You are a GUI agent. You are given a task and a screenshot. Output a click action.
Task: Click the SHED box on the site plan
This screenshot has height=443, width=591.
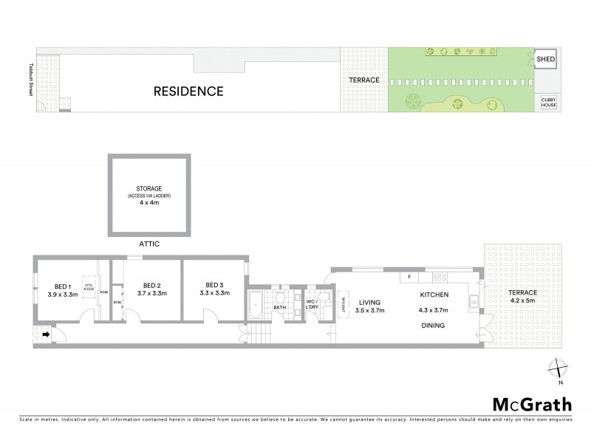[x=546, y=59]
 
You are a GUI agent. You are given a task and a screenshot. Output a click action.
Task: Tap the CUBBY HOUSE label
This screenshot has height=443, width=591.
[x=548, y=103]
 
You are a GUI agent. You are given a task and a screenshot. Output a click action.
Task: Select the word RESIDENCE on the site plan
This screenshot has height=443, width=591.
[x=188, y=92]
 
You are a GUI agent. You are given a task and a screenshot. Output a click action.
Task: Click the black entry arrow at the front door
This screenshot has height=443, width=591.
[x=47, y=334]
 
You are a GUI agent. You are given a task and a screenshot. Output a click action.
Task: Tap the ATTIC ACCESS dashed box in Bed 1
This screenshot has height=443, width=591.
[x=88, y=288]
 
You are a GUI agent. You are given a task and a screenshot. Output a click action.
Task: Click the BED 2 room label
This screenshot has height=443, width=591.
[x=152, y=285]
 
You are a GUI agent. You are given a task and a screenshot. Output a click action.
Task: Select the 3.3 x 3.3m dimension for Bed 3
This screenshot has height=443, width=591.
[x=214, y=293]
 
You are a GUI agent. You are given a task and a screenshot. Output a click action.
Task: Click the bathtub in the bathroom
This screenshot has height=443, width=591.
[x=256, y=303]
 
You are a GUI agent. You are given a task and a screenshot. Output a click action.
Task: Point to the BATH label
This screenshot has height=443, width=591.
[x=280, y=307]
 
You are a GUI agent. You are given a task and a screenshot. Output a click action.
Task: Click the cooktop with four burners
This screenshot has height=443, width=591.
[x=441, y=277]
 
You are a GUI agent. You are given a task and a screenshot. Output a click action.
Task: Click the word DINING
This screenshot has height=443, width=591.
[x=433, y=325]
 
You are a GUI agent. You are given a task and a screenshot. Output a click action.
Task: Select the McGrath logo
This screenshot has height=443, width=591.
[x=532, y=404]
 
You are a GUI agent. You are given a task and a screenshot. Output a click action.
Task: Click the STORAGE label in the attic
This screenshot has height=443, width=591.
[x=148, y=188]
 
